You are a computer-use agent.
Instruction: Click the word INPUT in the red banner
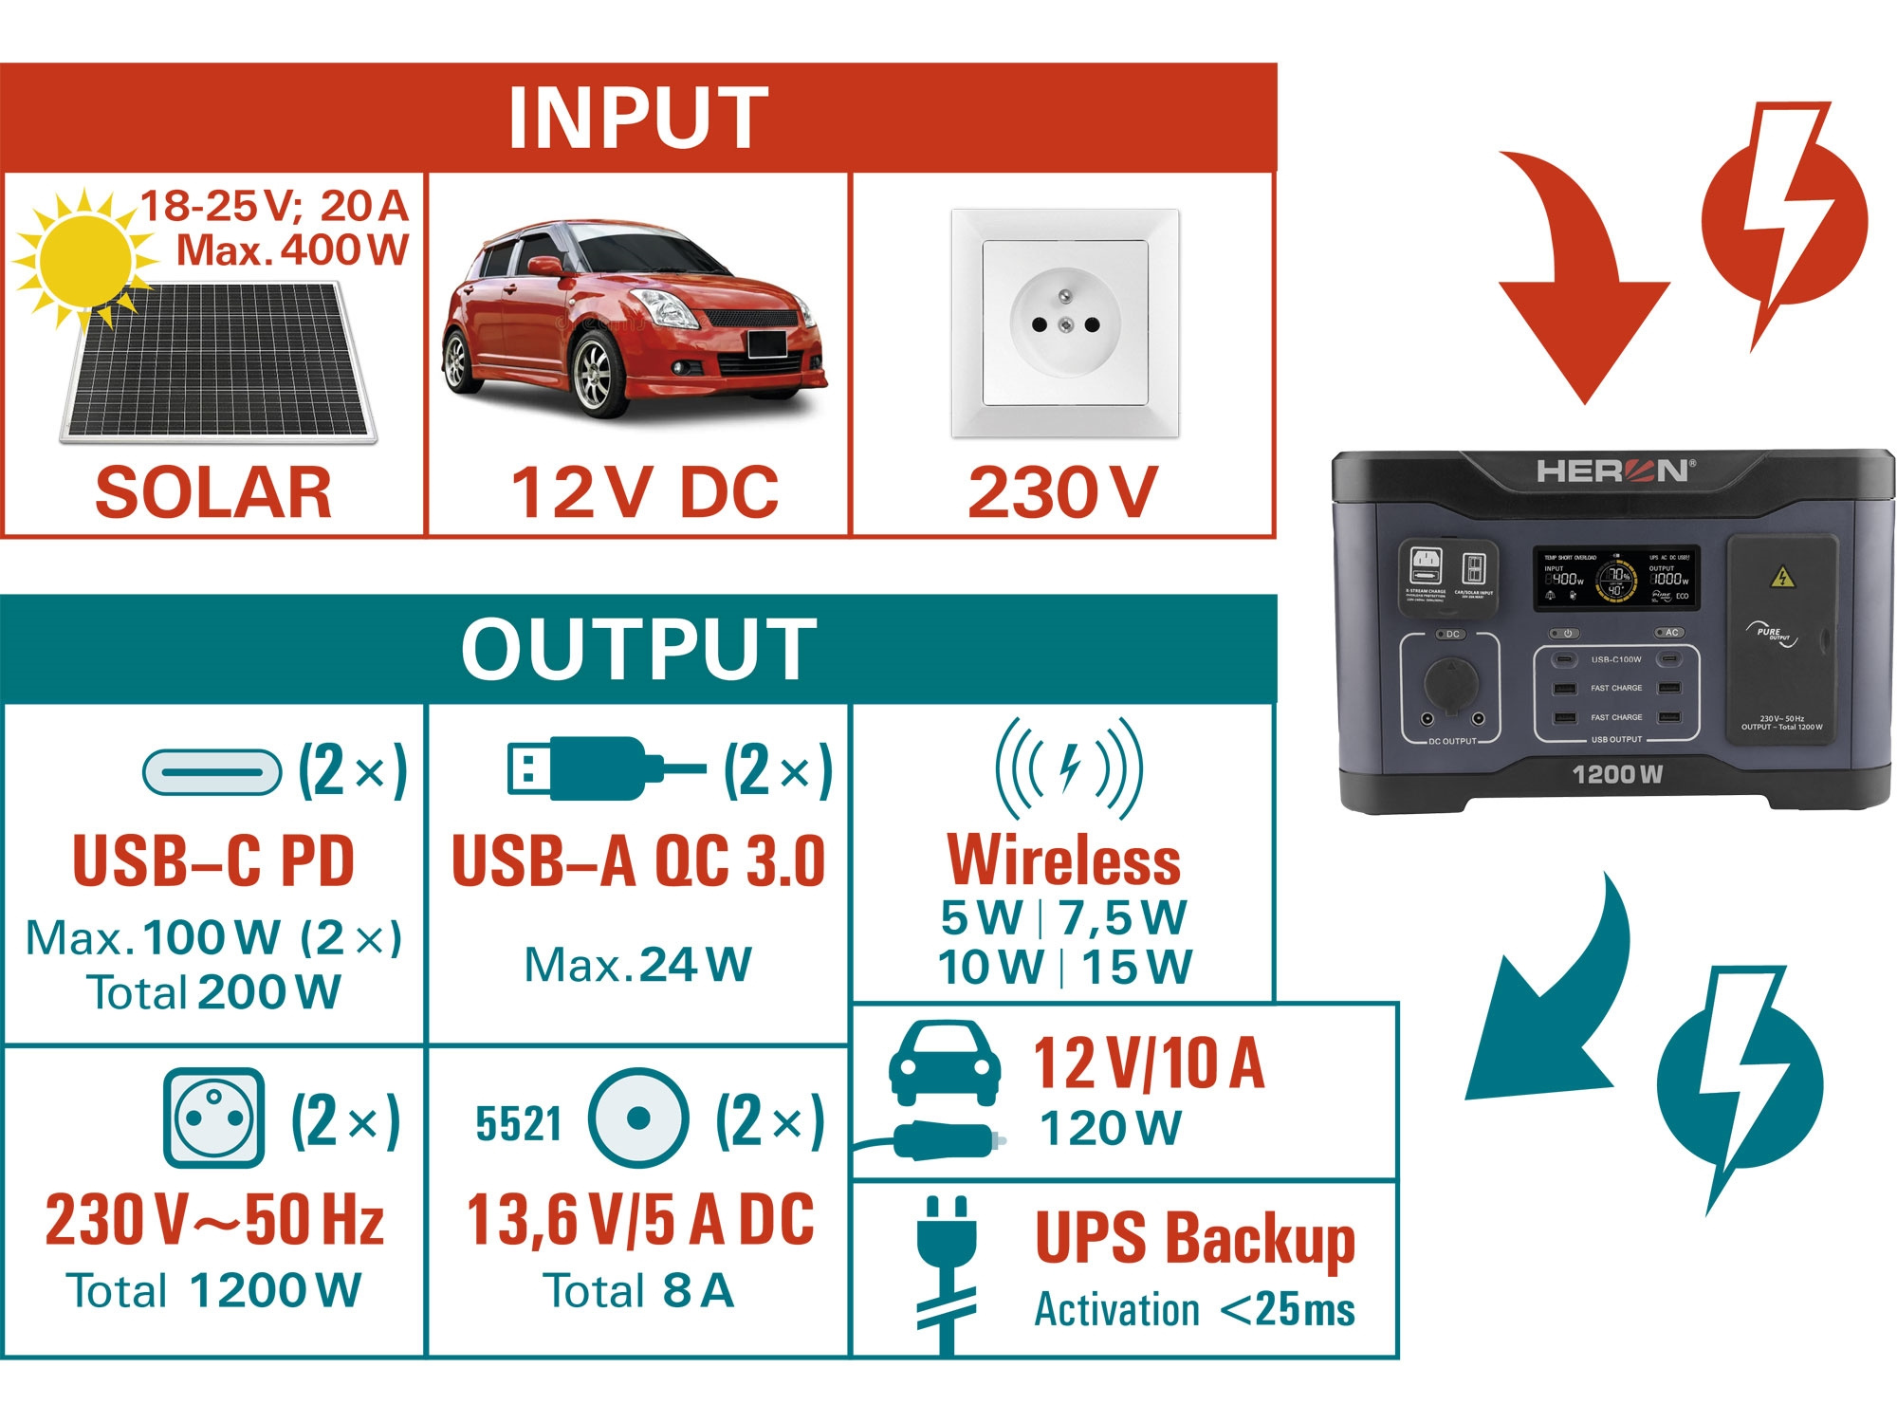pyautogui.click(x=637, y=118)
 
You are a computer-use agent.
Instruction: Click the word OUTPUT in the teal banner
pyautogui.click(x=638, y=649)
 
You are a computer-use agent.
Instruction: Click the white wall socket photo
pyautogui.click(x=1064, y=323)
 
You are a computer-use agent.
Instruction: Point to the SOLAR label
pyautogui.click(x=213, y=493)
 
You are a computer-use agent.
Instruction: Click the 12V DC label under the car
pyautogui.click(x=644, y=493)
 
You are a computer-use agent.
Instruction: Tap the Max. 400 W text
pyautogui.click(x=292, y=250)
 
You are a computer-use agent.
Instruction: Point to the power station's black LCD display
pyautogui.click(x=1616, y=578)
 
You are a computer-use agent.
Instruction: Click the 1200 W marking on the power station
pyautogui.click(x=1617, y=775)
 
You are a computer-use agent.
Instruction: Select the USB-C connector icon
pyautogui.click(x=212, y=771)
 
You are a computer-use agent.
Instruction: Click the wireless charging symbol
pyautogui.click(x=1069, y=767)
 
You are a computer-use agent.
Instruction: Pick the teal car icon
pyautogui.click(x=944, y=1063)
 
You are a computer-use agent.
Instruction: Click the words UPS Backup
pyautogui.click(x=1194, y=1239)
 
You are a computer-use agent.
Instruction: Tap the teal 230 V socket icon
pyautogui.click(x=213, y=1118)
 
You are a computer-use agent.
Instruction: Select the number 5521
pyautogui.click(x=518, y=1124)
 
